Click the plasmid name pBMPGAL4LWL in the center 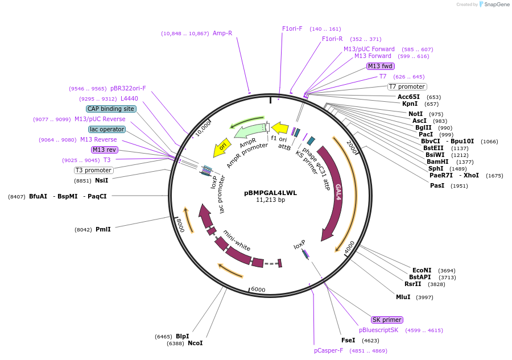coord(270,192)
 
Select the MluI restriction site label coord(403,297)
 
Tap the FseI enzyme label coord(348,340)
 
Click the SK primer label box coord(387,320)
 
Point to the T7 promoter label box coord(407,86)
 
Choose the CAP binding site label coord(111,109)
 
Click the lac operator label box coord(106,129)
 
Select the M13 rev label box coord(105,150)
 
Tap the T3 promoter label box coord(93,170)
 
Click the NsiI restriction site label coord(101,180)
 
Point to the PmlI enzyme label coord(103,229)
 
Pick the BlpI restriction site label coord(182,336)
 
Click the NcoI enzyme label coord(195,343)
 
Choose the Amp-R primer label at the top coord(222,33)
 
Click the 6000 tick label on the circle coord(258,289)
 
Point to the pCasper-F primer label coord(328,350)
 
